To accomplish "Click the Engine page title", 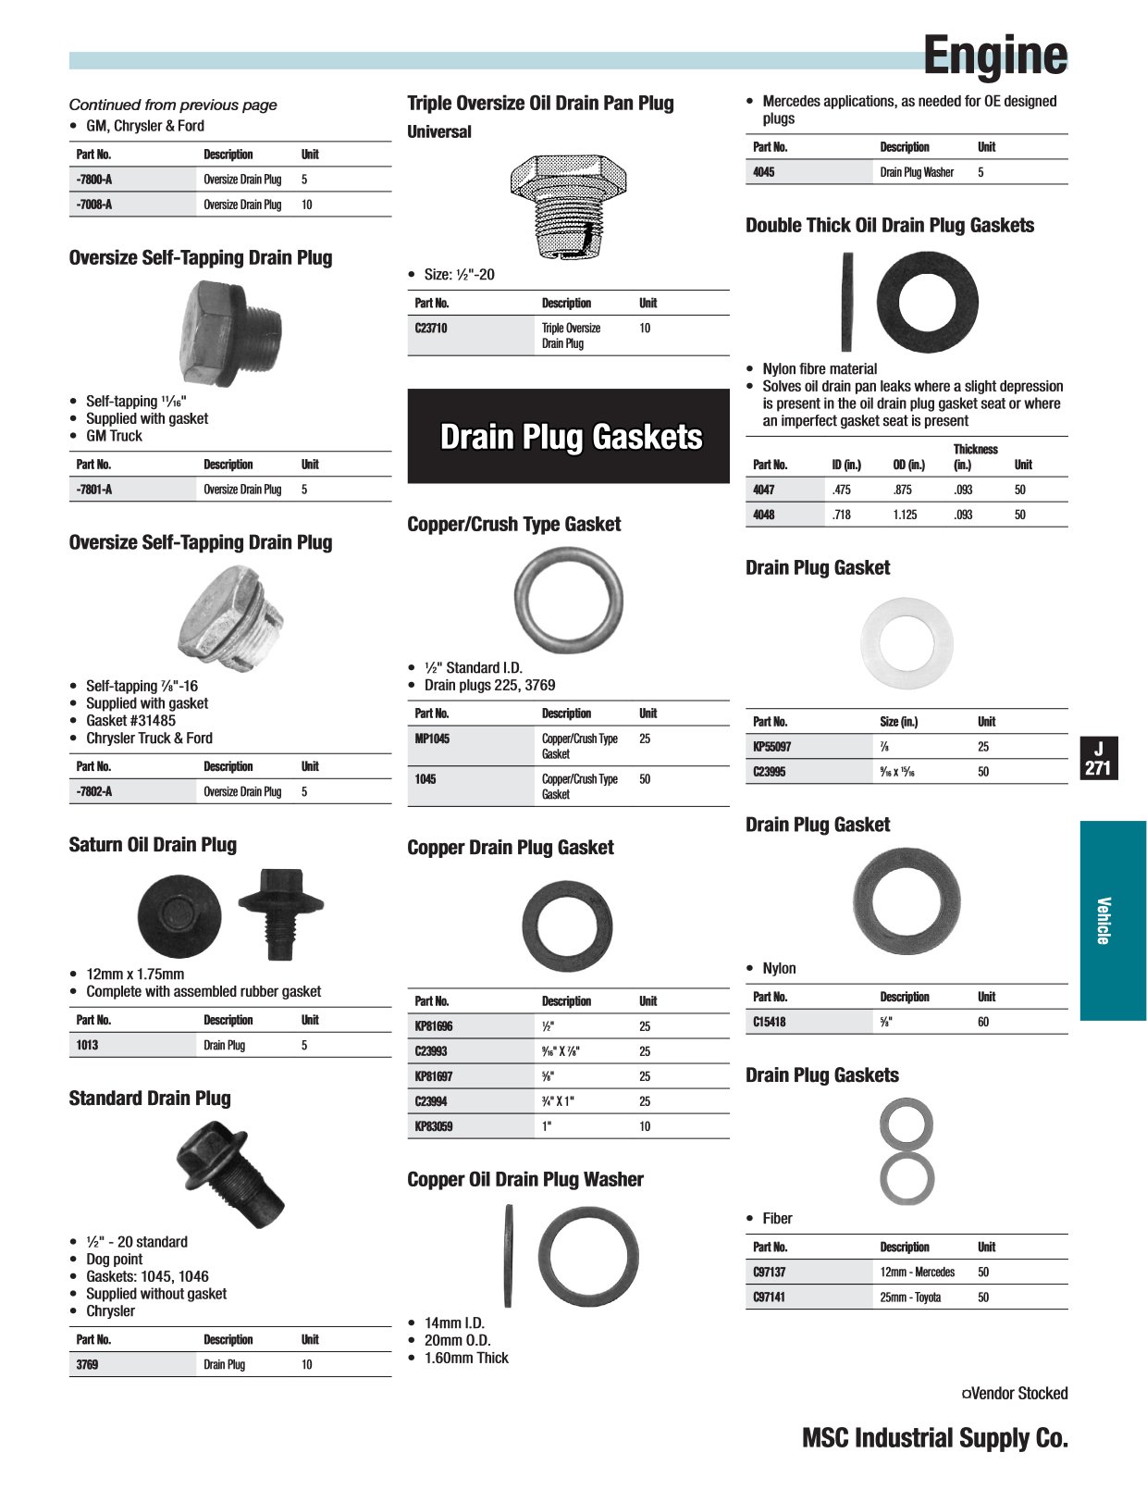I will coord(994,56).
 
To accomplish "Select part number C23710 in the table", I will coord(431,329).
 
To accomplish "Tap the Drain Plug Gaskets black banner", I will coord(569,437).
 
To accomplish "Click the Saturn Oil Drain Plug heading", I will coord(153,845).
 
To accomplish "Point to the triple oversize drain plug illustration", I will coord(568,206).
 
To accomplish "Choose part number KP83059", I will coord(434,1126).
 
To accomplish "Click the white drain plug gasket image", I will coord(906,643).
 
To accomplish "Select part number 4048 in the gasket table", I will coord(764,515).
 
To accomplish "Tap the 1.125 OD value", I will coord(905,515).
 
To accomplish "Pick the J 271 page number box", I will coord(1098,759).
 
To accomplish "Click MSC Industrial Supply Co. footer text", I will coord(934,1438).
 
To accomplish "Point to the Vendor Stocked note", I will coord(1015,1394).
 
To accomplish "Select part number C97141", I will coord(770,1298).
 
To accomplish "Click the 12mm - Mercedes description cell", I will coord(917,1273).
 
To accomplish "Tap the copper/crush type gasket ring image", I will coord(568,600).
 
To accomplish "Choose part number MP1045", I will coord(432,739).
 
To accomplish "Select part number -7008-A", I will coord(94,205).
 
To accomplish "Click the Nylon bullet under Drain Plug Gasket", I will coord(779,969).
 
